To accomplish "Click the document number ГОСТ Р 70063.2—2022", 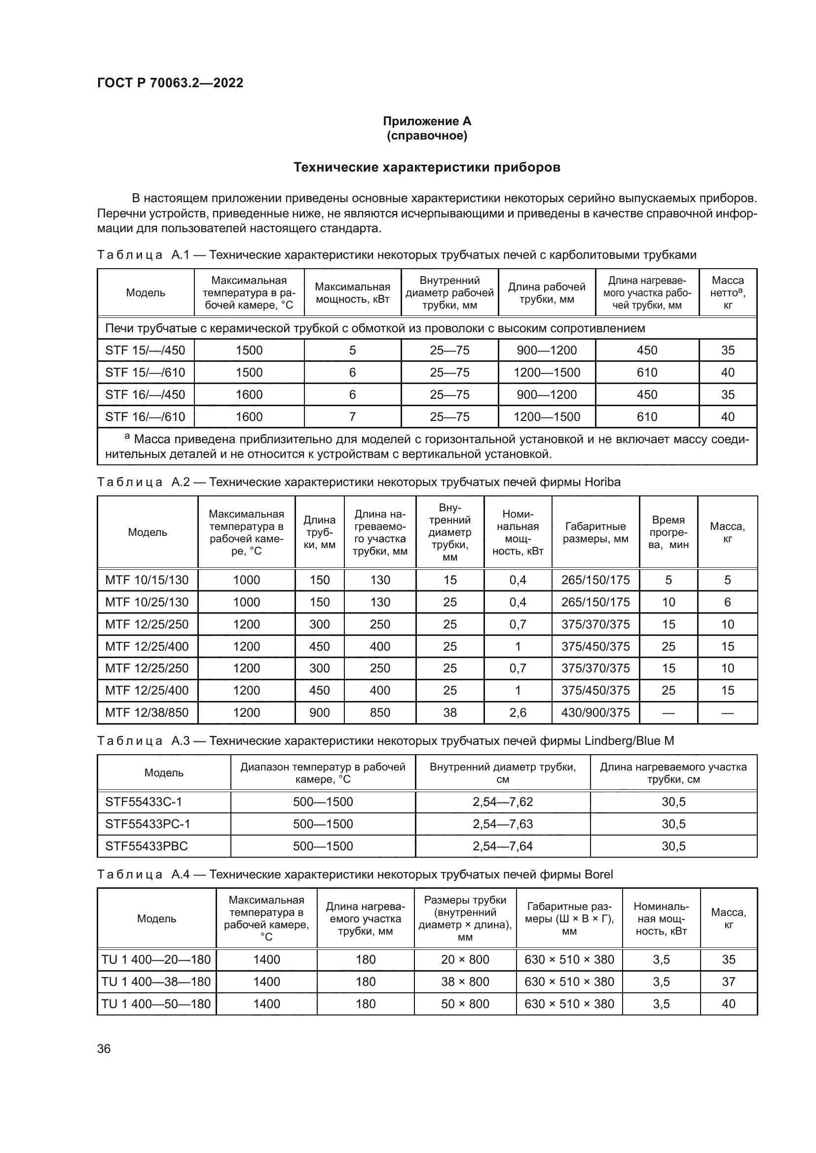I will pyautogui.click(x=170, y=83).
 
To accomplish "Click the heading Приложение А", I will pyautogui.click(x=427, y=121).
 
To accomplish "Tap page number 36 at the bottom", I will pyautogui.click(x=104, y=1048).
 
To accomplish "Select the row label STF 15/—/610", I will pyautogui.click(x=145, y=372).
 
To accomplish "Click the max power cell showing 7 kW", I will pyautogui.click(x=352, y=417).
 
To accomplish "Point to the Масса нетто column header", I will pyautogui.click(x=727, y=293).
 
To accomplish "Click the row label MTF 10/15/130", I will pyautogui.click(x=147, y=580).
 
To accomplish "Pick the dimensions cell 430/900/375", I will pyautogui.click(x=595, y=712).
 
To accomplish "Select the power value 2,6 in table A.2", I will pyautogui.click(x=518, y=712).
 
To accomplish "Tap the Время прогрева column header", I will pyautogui.click(x=668, y=532).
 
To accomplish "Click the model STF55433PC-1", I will pyautogui.click(x=148, y=824).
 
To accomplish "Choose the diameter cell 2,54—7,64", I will pyautogui.click(x=502, y=846).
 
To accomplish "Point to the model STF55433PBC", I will pyautogui.click(x=146, y=846).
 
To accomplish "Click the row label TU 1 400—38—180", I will pyautogui.click(x=156, y=981).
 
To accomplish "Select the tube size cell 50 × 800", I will pyautogui.click(x=465, y=1003).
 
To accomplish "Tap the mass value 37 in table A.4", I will pyautogui.click(x=728, y=981).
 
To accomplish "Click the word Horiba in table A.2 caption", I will pyautogui.click(x=602, y=482).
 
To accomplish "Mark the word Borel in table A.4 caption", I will pyautogui.click(x=598, y=874).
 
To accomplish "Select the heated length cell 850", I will pyautogui.click(x=380, y=712).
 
